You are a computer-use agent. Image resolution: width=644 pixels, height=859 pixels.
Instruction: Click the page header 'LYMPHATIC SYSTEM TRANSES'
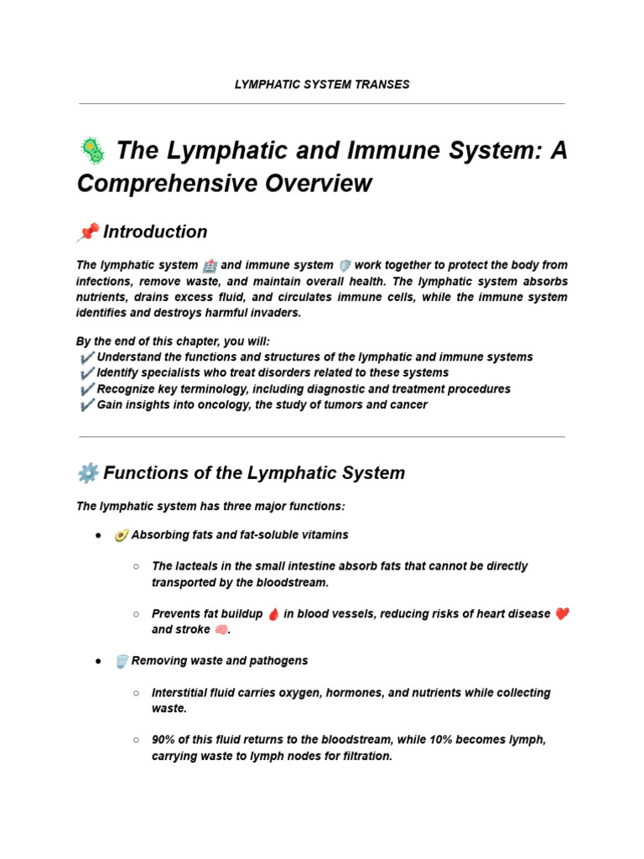point(322,84)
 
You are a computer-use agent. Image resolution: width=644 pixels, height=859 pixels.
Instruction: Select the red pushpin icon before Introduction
point(87,232)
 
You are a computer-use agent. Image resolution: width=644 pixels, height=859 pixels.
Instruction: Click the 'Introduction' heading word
point(155,232)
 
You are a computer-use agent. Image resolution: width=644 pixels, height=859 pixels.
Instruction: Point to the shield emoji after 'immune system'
point(343,265)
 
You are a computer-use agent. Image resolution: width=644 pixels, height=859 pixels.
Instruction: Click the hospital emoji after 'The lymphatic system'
point(209,265)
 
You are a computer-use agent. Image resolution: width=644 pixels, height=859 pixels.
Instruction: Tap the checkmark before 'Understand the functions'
point(86,357)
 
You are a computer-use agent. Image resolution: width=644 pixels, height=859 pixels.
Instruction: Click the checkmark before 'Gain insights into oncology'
point(86,405)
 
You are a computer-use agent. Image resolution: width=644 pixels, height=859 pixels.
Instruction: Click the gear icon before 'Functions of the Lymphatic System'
point(87,473)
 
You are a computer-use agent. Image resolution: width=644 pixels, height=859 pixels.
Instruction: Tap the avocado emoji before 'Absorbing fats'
point(122,535)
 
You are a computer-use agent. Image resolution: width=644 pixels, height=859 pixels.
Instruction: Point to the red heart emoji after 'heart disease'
point(562,614)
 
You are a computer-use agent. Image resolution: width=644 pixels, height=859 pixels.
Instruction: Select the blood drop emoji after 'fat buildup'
point(273,614)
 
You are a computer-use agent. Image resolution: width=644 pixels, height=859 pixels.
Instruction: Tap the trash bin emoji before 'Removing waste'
point(122,662)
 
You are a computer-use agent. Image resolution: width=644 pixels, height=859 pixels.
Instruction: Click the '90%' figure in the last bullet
point(164,740)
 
